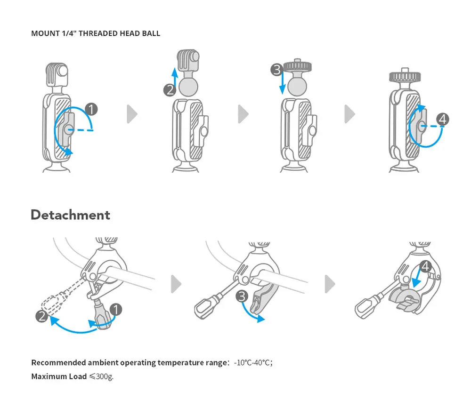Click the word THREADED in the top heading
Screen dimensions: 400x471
pyautogui.click(x=100, y=33)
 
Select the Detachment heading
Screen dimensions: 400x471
pyautogui.click(x=70, y=215)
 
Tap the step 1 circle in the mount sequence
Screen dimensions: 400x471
pyautogui.click(x=91, y=110)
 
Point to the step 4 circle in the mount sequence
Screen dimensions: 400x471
pyautogui.click(x=442, y=120)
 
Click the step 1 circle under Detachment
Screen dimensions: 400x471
pyautogui.click(x=115, y=309)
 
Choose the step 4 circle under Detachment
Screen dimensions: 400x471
pyautogui.click(x=425, y=267)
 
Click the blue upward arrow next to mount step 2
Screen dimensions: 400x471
pyautogui.click(x=175, y=77)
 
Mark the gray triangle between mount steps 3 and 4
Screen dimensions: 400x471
pyautogui.click(x=349, y=114)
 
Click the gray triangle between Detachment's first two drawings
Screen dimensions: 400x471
pyautogui.click(x=176, y=284)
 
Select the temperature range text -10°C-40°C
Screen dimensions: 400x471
pyautogui.click(x=253, y=363)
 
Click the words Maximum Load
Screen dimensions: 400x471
pyautogui.click(x=59, y=376)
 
